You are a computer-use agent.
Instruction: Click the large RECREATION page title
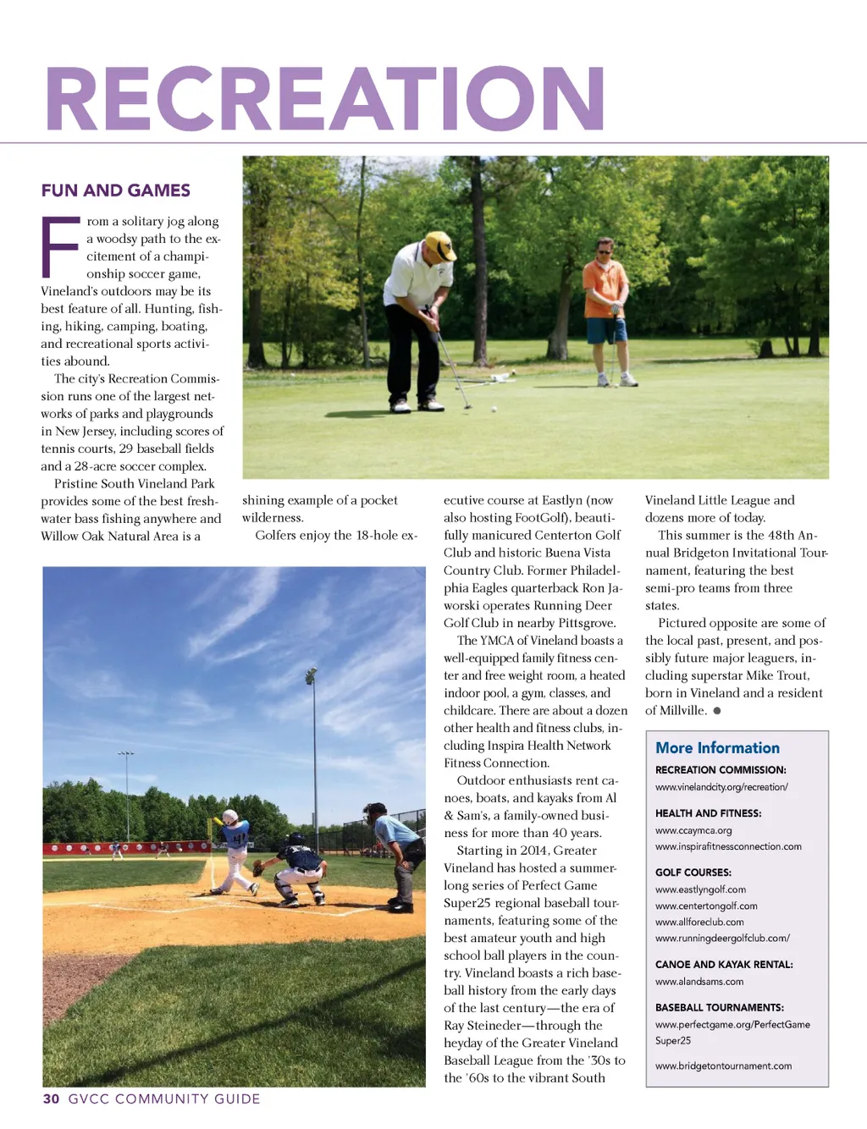point(325,100)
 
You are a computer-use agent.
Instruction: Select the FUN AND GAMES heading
point(116,190)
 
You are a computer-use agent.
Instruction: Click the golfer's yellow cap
point(440,245)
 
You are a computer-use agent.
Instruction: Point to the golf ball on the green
point(494,409)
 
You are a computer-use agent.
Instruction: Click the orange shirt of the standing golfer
point(605,289)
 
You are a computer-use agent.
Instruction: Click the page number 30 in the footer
point(52,1099)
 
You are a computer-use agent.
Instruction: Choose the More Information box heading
point(717,747)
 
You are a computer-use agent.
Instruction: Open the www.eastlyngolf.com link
point(700,889)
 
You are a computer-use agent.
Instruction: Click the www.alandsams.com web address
point(699,982)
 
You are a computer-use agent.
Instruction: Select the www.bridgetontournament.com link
point(723,1066)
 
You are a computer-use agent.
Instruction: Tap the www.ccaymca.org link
point(693,830)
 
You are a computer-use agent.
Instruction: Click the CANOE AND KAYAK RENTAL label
point(724,964)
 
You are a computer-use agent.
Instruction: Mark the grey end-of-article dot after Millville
point(717,711)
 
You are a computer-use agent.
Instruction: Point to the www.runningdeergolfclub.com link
point(722,938)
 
